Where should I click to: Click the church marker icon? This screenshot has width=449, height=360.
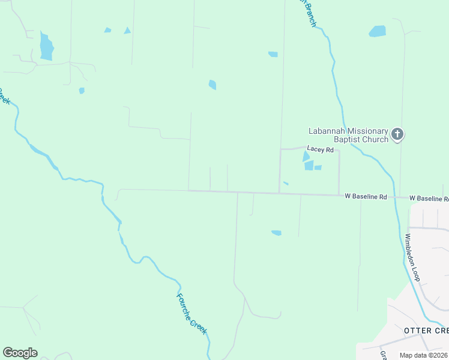(x=397, y=134)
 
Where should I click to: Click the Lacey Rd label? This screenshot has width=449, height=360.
(x=320, y=149)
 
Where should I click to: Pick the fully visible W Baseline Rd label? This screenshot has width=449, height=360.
(x=366, y=196)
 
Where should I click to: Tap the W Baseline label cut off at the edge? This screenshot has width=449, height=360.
(x=429, y=198)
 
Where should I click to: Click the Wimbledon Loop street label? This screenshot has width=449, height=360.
(x=412, y=257)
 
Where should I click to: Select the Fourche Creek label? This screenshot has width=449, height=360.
(x=191, y=313)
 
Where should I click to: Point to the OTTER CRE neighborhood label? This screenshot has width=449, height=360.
(x=426, y=331)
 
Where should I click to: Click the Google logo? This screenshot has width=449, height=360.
(x=20, y=353)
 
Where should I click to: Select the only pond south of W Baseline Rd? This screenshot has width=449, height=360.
(x=276, y=233)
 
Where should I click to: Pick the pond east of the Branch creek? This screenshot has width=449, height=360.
(x=378, y=31)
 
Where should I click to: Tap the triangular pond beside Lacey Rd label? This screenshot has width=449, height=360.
(x=306, y=156)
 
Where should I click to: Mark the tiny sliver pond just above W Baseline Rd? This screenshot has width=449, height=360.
(x=286, y=183)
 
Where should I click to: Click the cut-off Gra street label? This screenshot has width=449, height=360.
(x=383, y=355)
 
